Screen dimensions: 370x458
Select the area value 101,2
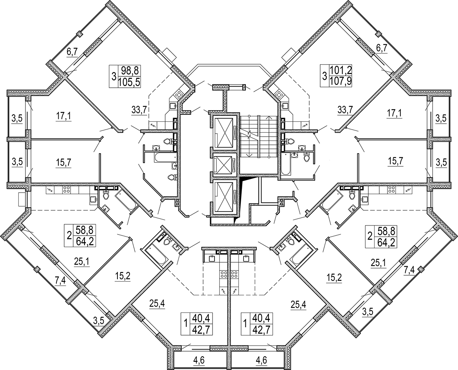[341, 70]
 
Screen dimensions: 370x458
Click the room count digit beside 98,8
[114, 76]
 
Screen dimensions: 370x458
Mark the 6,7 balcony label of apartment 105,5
[73, 51]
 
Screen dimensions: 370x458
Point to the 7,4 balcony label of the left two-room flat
[61, 280]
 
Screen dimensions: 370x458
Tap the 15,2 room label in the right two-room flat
[334, 278]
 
